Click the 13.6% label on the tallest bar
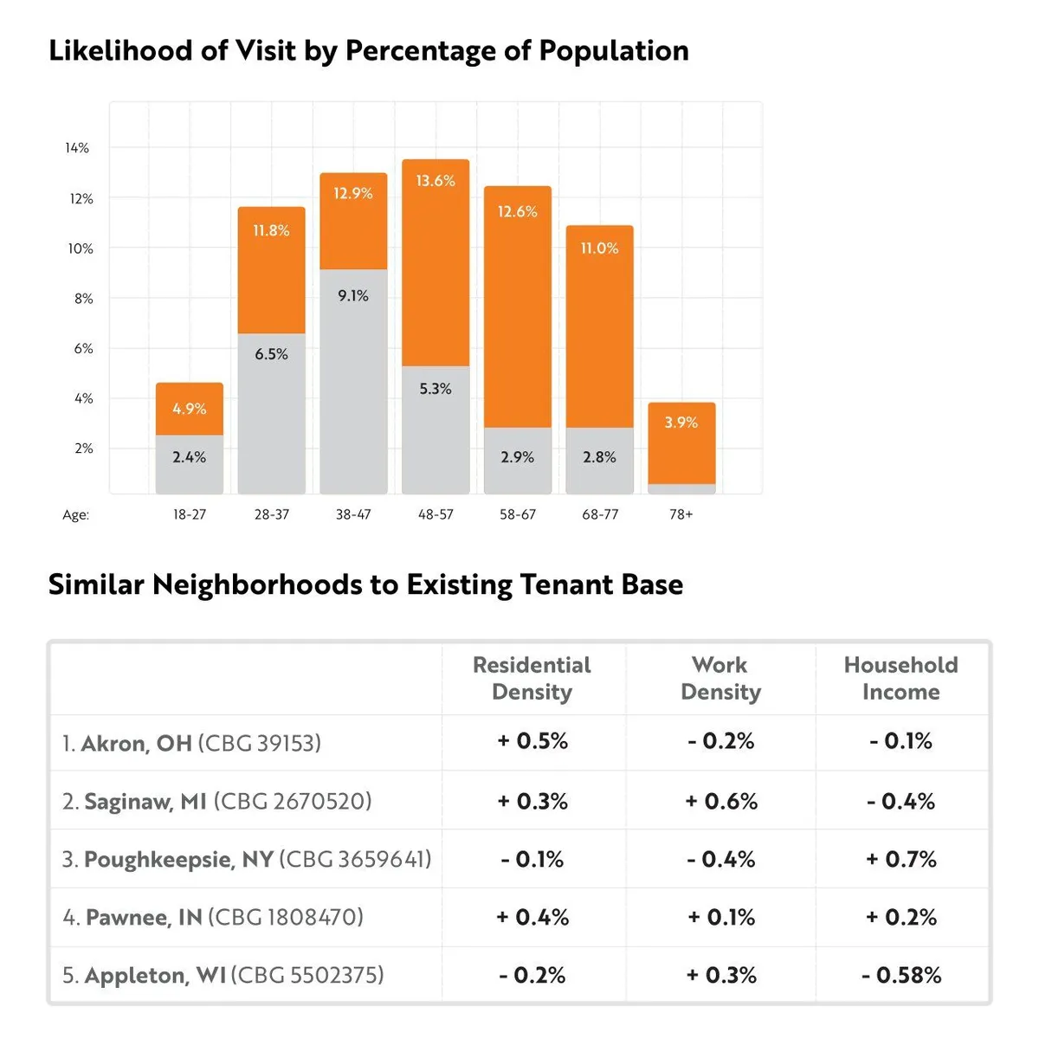pos(436,181)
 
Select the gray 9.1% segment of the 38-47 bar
pos(353,381)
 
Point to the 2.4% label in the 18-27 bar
pos(189,457)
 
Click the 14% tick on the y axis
pos(77,148)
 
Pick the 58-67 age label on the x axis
pos(518,514)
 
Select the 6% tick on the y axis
pos(83,349)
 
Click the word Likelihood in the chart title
pos(120,51)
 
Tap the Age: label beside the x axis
pos(75,515)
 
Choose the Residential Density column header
pos(532,678)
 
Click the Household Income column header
pos(900,678)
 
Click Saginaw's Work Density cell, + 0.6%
pos(721,802)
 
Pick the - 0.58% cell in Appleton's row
pos(901,976)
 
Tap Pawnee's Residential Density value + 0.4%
pos(532,918)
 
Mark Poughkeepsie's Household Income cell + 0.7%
pos(901,860)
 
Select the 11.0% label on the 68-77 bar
pos(599,248)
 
